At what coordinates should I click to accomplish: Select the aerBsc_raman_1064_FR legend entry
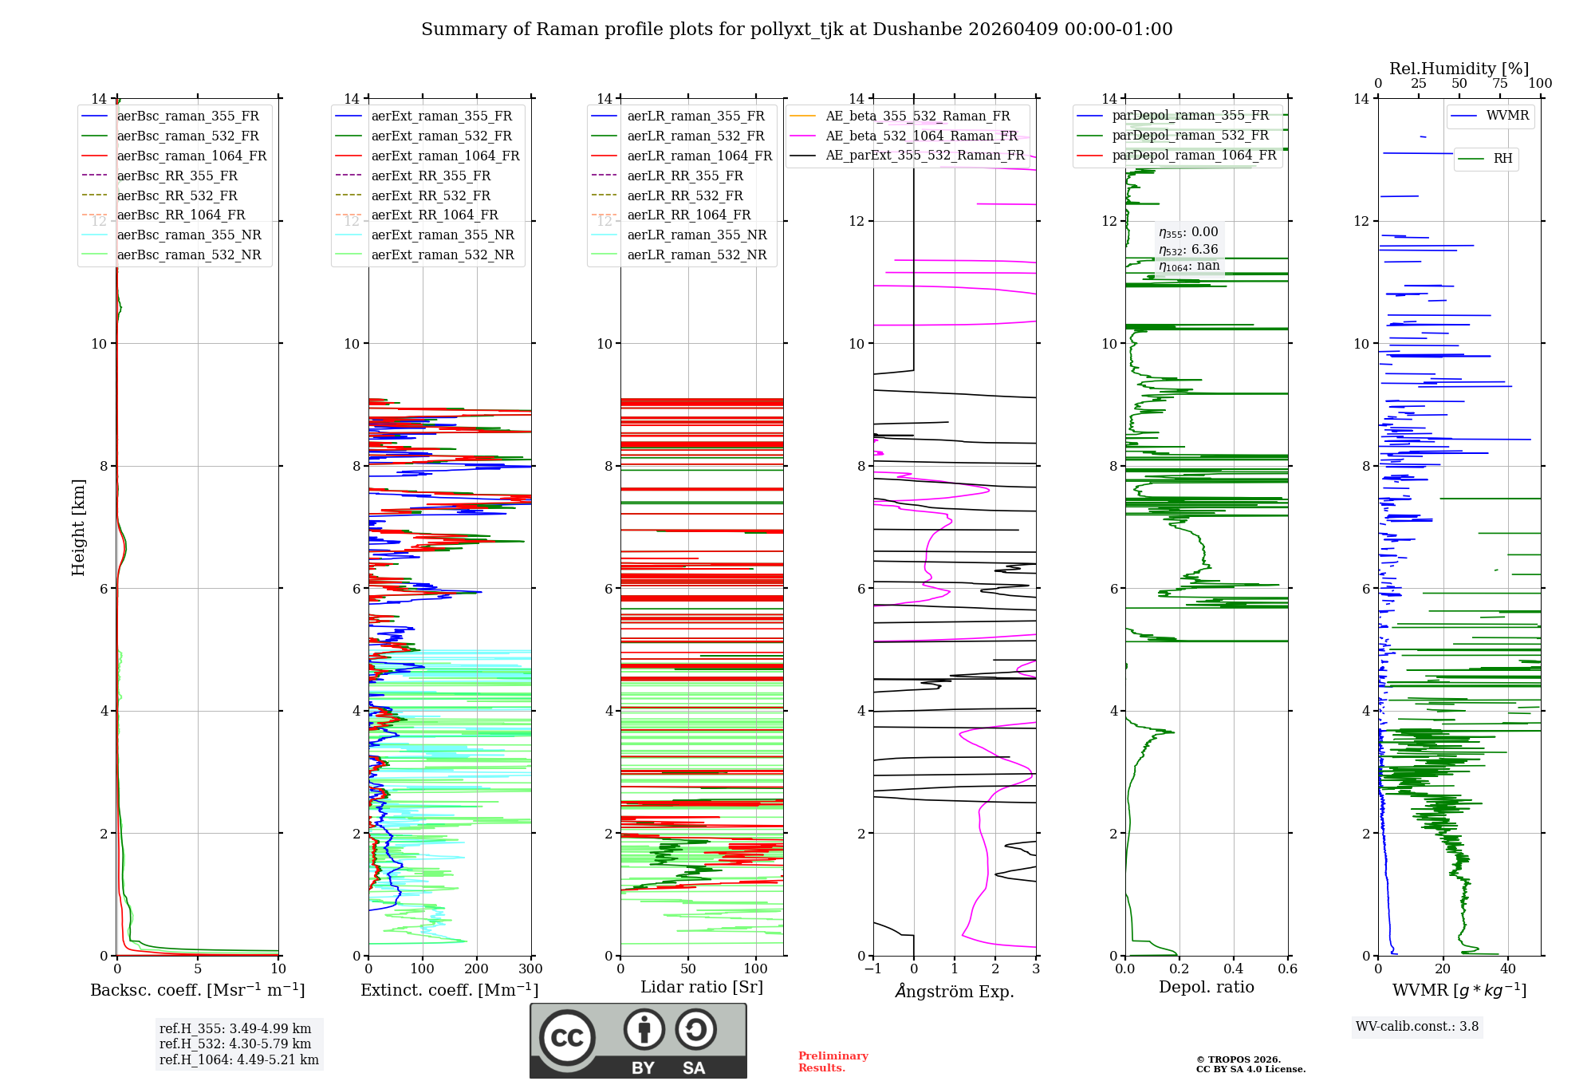(x=191, y=156)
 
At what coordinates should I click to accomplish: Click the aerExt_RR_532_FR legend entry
(x=431, y=195)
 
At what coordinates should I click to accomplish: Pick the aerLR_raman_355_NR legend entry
(x=696, y=235)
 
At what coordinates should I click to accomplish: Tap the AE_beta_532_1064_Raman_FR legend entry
(x=921, y=136)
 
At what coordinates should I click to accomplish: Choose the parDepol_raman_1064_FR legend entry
(x=1194, y=155)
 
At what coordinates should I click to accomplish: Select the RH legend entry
(x=1502, y=159)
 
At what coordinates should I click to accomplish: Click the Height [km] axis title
(x=78, y=527)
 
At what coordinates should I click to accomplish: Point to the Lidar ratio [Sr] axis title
(x=702, y=987)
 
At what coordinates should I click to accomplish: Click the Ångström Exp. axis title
(x=955, y=991)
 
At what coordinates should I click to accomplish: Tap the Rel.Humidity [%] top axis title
(x=1459, y=69)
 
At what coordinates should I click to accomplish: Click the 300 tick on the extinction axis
(x=530, y=969)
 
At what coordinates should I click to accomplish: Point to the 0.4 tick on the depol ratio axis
(x=1233, y=969)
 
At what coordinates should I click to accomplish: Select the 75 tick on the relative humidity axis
(x=1500, y=83)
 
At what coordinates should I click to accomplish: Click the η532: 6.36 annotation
(x=1188, y=249)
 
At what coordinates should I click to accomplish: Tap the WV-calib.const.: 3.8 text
(x=1417, y=1026)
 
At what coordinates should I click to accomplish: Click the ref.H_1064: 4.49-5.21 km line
(x=238, y=1059)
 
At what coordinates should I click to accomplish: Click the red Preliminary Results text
(x=833, y=1061)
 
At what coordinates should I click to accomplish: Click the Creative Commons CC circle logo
(x=567, y=1038)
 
